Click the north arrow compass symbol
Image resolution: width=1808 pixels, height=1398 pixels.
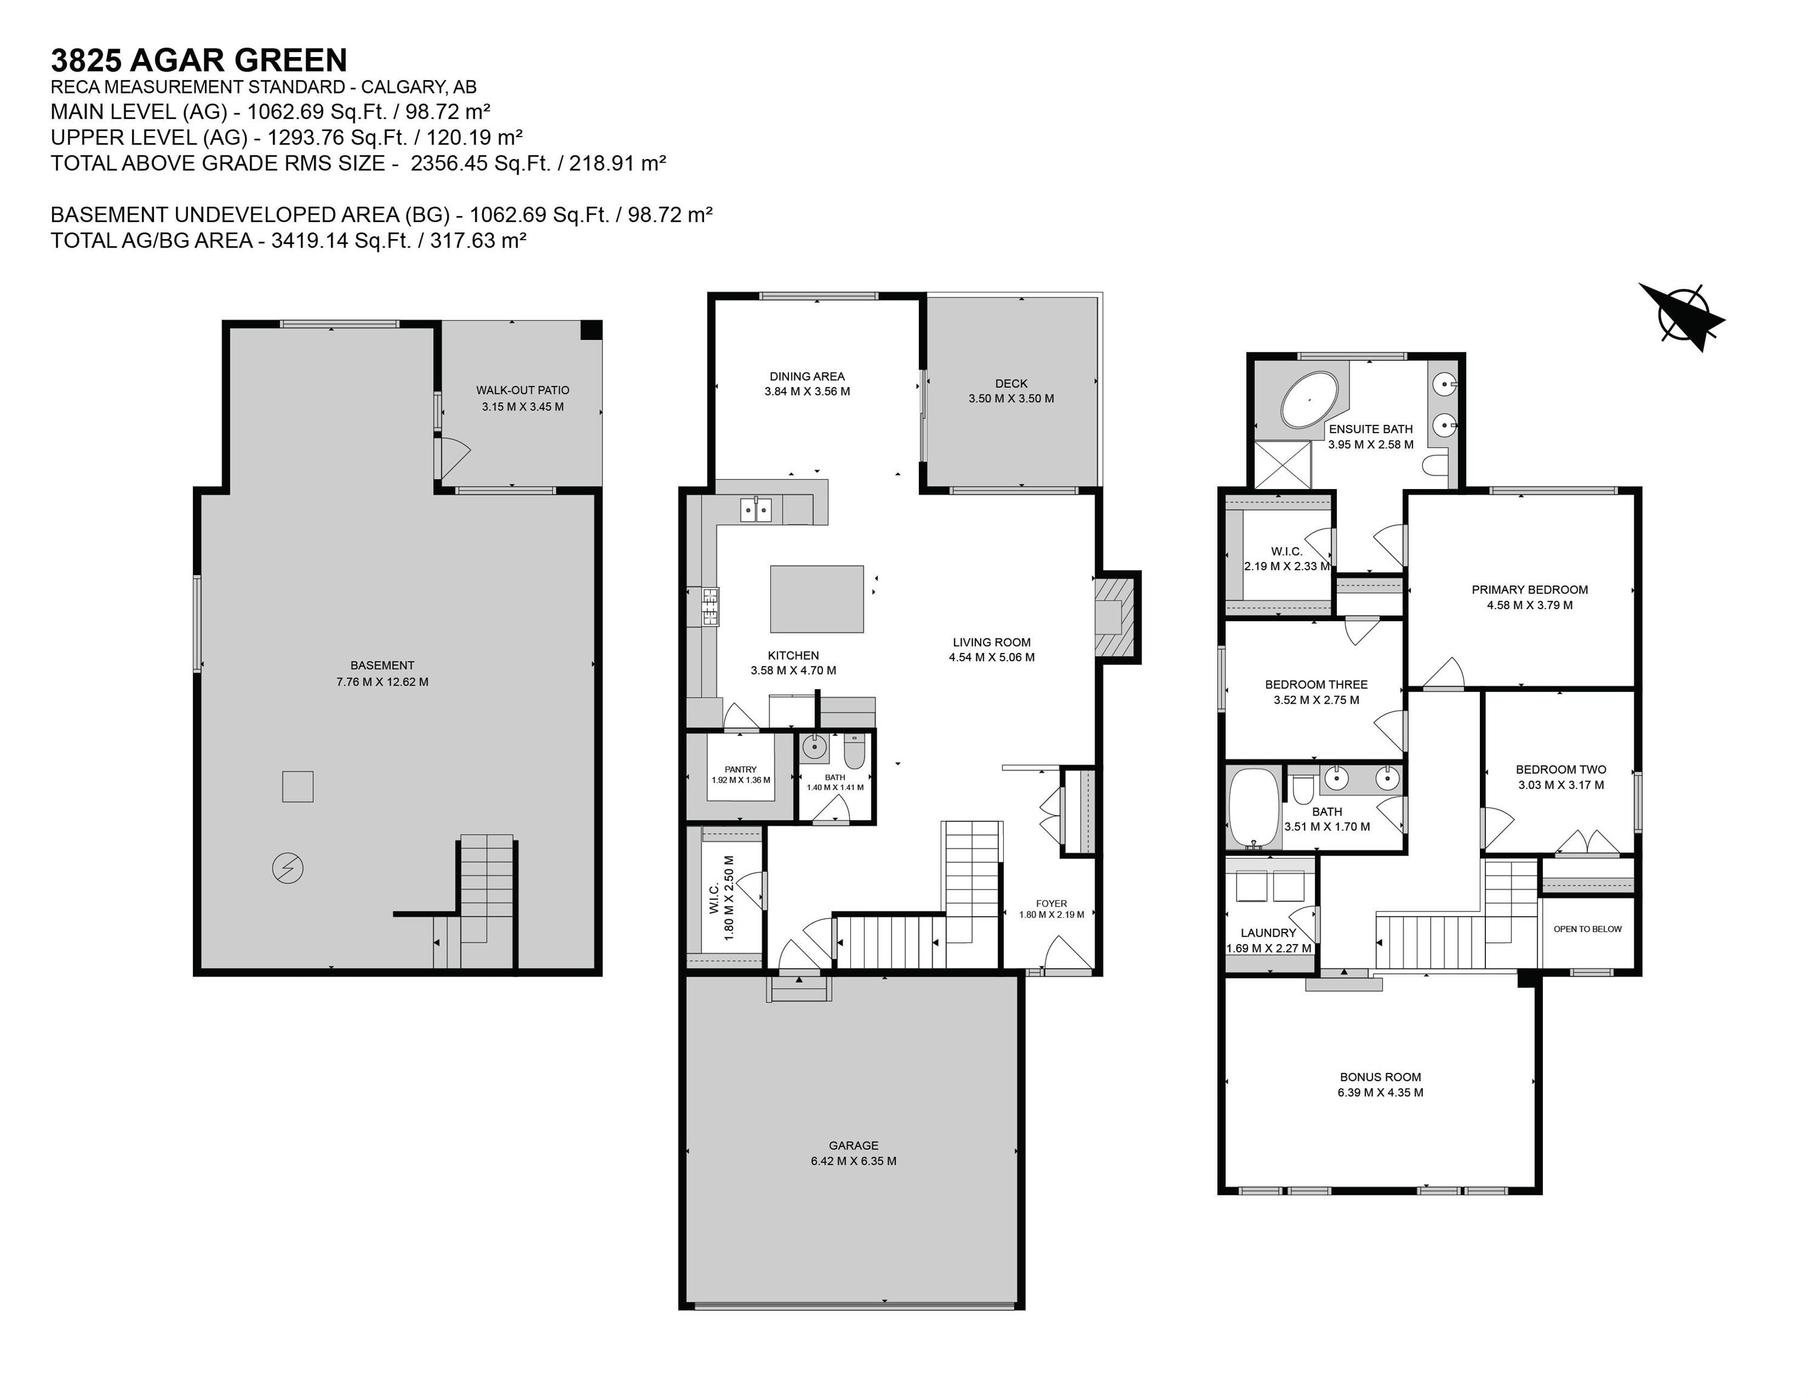point(1681,314)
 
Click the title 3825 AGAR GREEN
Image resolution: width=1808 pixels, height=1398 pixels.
point(199,61)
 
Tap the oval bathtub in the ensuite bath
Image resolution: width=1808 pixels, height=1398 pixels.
point(1309,400)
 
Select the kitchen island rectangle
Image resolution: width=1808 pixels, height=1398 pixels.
point(816,599)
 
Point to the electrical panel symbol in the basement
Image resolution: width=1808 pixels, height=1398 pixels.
point(287,868)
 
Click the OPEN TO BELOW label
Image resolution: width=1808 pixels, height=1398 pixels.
point(1587,928)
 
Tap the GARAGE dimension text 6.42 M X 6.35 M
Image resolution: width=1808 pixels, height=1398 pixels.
point(853,1160)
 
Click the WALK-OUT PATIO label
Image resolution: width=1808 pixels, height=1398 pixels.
point(522,390)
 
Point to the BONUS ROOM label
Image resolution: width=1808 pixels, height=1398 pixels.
point(1380,1076)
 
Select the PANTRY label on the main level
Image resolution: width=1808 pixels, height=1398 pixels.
point(740,769)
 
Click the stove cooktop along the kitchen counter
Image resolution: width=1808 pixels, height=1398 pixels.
point(710,606)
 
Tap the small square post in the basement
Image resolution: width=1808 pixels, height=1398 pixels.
point(297,786)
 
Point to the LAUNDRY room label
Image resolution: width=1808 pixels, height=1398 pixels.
point(1268,933)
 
